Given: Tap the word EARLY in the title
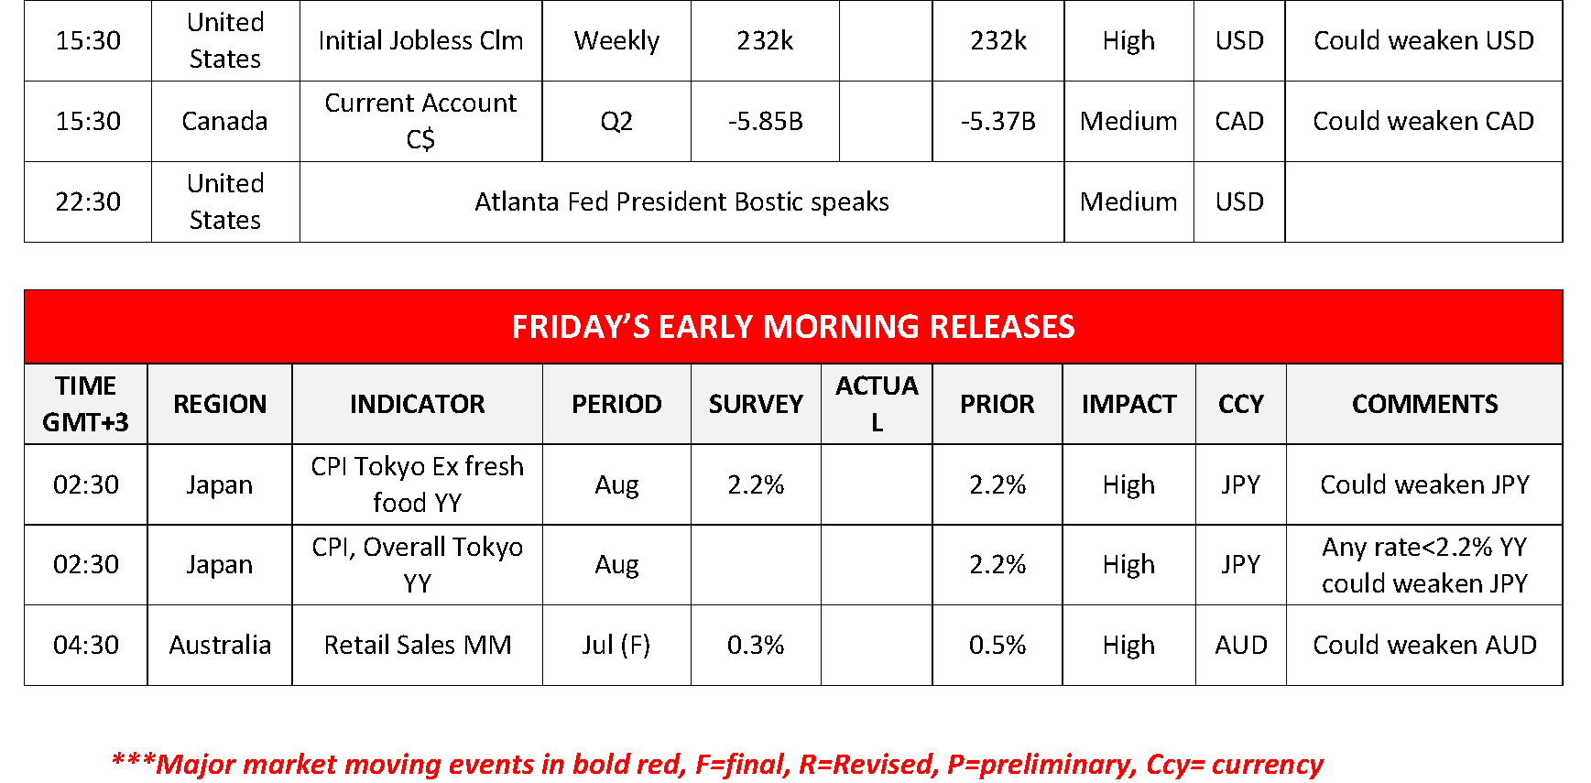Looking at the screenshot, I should [706, 327].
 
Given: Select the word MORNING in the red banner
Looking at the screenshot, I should [841, 327].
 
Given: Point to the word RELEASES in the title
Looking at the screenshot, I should [1002, 327].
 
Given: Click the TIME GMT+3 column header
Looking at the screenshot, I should [85, 404].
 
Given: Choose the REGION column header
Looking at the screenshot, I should [220, 404].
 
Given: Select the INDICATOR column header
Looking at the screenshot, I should [418, 404].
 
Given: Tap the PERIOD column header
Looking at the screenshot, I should [616, 404].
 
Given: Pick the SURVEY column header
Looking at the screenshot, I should [756, 404].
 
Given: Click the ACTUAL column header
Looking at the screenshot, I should [877, 404].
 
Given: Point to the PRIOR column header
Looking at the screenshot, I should [997, 404].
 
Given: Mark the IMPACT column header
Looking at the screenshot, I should [1128, 404].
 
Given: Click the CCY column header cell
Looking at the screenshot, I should [1241, 404].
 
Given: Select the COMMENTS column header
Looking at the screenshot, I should [1424, 404].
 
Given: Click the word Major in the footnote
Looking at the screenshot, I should [196, 765].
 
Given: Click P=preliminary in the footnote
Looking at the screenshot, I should [1042, 765].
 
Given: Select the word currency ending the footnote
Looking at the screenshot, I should [1268, 765].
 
